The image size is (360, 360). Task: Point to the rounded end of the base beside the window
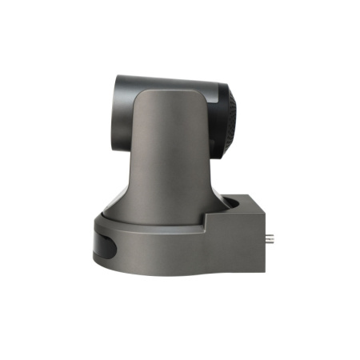(x=94, y=244)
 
